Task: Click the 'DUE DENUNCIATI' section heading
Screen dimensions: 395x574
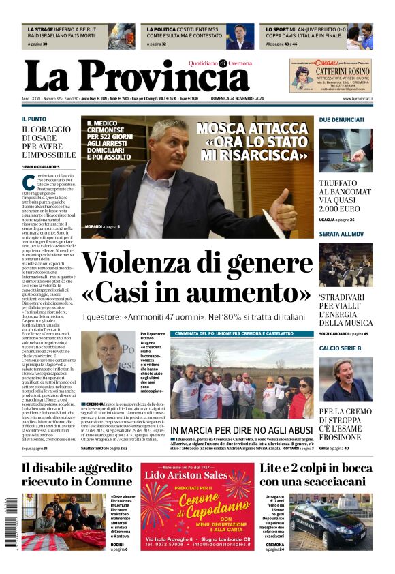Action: [343, 119]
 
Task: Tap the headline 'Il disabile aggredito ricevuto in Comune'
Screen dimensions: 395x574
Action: [76, 474]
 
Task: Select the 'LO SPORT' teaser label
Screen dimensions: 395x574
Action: [279, 30]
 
